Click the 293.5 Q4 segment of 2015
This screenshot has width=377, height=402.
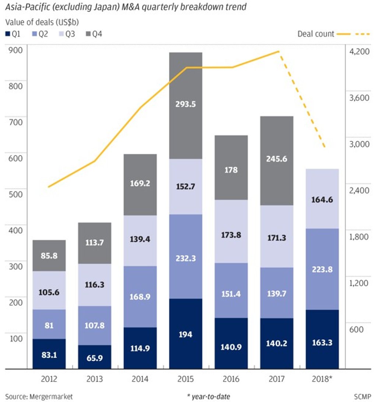coord(186,106)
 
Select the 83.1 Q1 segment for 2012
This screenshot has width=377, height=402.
coord(49,354)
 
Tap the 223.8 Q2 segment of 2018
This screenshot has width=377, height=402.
coord(322,269)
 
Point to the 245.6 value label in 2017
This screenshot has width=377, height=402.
coord(277,159)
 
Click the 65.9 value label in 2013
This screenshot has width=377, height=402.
coord(95,358)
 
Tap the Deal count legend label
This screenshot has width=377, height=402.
coord(316,34)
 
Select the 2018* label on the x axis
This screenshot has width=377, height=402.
coord(322,379)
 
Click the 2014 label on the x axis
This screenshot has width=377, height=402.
coord(140,379)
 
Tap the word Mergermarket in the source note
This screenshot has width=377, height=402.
coord(50,396)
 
